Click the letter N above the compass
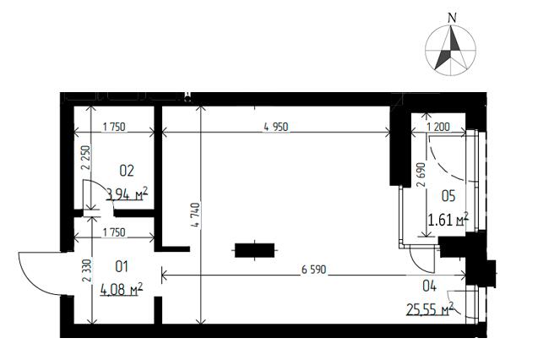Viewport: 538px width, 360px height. [x=453, y=18]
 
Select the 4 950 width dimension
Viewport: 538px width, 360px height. [x=276, y=127]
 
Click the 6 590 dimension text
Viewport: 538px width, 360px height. [x=314, y=270]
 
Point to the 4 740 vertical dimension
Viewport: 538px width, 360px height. [x=196, y=215]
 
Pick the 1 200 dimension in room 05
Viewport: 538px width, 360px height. [x=438, y=127]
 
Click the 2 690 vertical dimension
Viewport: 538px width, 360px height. [x=421, y=175]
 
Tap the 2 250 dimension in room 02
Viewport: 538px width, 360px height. [x=85, y=158]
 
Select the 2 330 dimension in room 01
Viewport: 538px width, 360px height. [x=87, y=270]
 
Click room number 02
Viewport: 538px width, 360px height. [x=127, y=171]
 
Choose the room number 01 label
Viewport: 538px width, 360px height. [x=122, y=266]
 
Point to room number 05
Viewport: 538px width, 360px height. [x=448, y=196]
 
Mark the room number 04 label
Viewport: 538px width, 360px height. [x=429, y=286]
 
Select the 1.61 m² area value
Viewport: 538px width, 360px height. [x=448, y=219]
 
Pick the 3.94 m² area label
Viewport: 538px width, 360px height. [x=128, y=194]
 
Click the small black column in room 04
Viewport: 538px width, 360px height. [x=254, y=250]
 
